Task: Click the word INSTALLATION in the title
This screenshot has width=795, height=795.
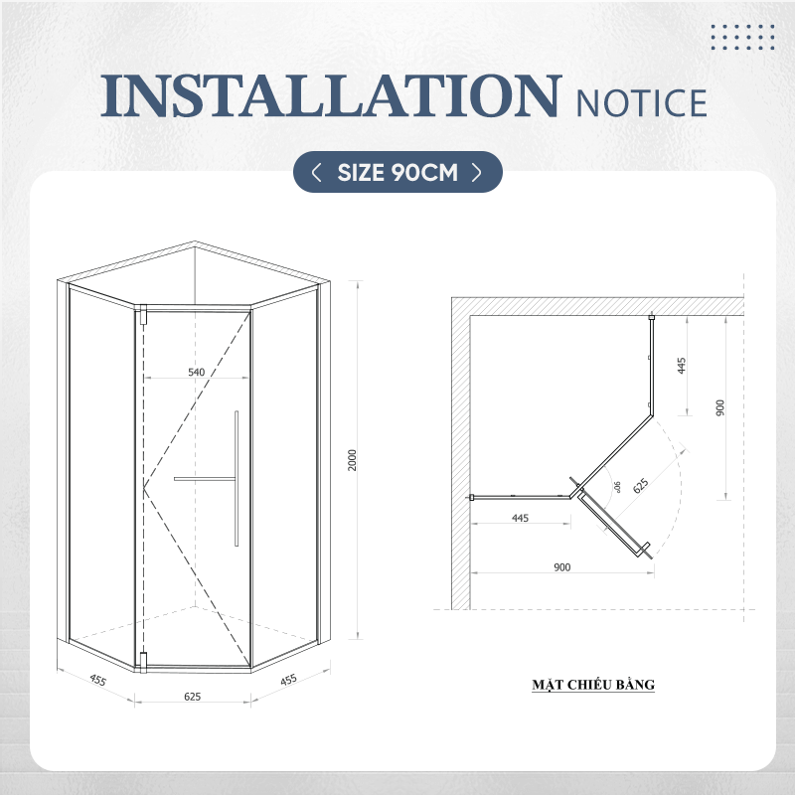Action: point(331,95)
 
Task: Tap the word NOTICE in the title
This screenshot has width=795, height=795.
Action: point(641,103)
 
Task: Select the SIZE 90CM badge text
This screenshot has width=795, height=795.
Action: point(397,172)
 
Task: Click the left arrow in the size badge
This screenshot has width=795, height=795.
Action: point(316,172)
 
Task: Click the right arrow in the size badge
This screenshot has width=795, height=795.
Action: point(477,172)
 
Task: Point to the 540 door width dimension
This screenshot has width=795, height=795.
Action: point(196,372)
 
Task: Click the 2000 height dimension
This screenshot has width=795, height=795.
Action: point(353,460)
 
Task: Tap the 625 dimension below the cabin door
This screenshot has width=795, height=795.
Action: point(193,697)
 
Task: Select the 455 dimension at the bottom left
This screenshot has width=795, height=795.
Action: point(97,680)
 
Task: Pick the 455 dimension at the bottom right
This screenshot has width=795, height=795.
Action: point(288,680)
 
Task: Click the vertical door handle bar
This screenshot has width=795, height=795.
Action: point(237,479)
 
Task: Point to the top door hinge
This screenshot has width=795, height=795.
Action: point(143,314)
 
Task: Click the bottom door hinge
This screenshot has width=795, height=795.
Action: point(143,662)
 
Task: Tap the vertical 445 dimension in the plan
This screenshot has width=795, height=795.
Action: point(682,366)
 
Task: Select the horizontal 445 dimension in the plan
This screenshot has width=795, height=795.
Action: point(520,518)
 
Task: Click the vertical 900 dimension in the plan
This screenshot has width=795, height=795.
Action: point(720,407)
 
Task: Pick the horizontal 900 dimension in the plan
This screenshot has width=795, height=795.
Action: point(562,567)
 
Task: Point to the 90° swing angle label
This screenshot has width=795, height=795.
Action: point(617,487)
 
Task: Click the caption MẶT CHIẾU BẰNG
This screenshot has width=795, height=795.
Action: point(593,685)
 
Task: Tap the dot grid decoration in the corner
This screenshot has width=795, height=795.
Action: point(742,37)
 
